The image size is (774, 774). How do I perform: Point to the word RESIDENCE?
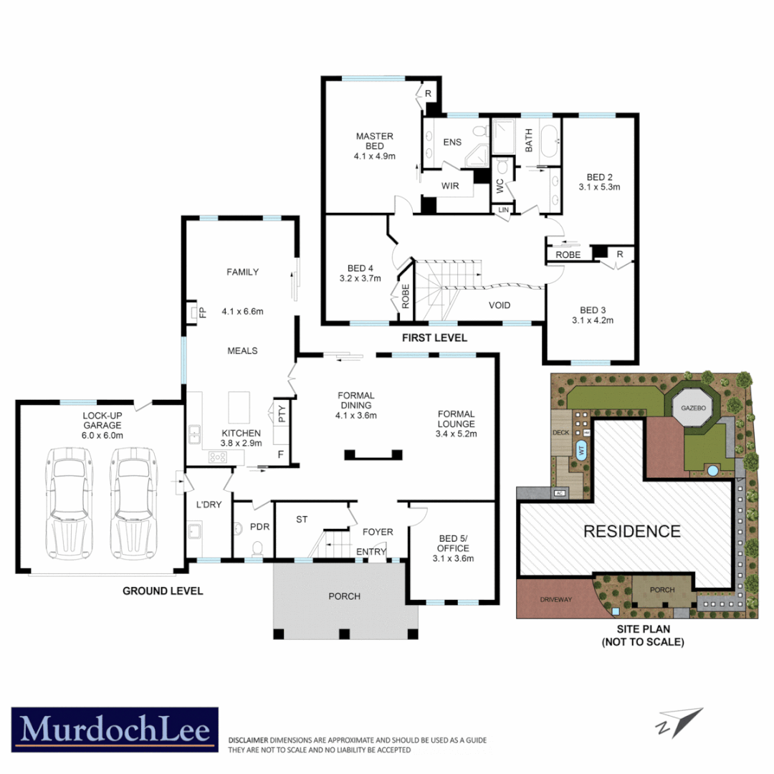(x=631, y=531)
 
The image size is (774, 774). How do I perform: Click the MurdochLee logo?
(x=115, y=730)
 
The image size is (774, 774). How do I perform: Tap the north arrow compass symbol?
(x=680, y=721)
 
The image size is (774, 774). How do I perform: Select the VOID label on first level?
(x=500, y=305)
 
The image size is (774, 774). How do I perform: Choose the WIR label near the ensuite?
(x=450, y=186)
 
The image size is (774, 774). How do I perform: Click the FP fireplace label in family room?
(x=202, y=312)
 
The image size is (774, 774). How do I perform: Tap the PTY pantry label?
(x=282, y=414)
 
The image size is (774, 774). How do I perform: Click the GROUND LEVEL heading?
(x=163, y=591)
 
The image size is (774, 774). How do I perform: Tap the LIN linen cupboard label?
(x=503, y=209)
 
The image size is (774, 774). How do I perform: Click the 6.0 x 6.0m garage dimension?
(x=102, y=435)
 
